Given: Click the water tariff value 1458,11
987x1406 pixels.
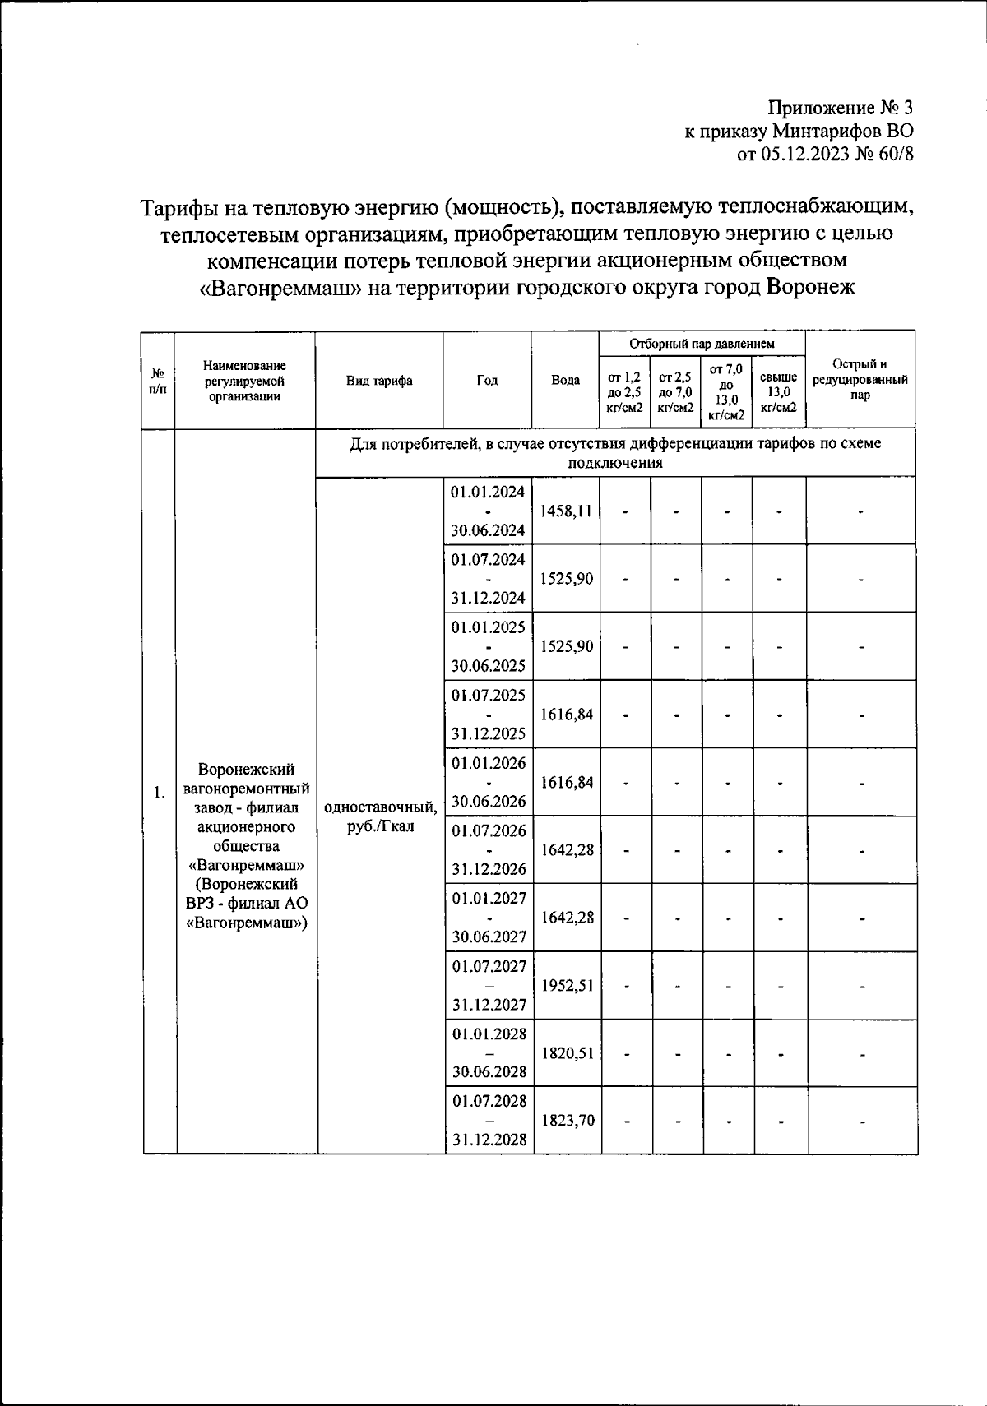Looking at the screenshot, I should coord(566,511).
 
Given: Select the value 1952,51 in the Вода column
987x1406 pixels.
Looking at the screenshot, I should coord(566,985).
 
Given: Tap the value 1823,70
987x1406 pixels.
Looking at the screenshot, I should coord(566,1120).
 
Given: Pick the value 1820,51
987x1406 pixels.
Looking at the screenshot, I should coord(566,1052).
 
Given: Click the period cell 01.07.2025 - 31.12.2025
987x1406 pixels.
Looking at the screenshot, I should coord(489,714).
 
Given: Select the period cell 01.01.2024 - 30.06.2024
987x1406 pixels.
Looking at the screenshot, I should coord(489,511).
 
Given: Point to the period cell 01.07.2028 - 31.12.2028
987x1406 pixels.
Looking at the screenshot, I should coord(489,1120).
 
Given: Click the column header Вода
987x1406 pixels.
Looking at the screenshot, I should coord(565,380).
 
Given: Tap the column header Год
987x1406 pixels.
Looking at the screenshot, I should coord(487,380).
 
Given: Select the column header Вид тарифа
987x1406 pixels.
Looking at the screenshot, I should coord(379,380).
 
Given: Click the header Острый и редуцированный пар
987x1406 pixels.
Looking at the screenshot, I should coord(860,379).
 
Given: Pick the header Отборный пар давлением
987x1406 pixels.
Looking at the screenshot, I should coord(702,343).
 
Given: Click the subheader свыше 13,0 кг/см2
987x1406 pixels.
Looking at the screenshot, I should coord(778,391).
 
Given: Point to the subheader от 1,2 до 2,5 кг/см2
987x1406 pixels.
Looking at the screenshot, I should coord(624,391).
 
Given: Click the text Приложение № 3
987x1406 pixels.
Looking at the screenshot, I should coord(840,108).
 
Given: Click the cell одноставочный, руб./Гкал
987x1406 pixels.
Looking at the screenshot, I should coord(380,816).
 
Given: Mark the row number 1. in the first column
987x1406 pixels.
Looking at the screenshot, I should coord(159,792).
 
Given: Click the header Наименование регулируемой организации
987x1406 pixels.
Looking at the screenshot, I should coord(244,380).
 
